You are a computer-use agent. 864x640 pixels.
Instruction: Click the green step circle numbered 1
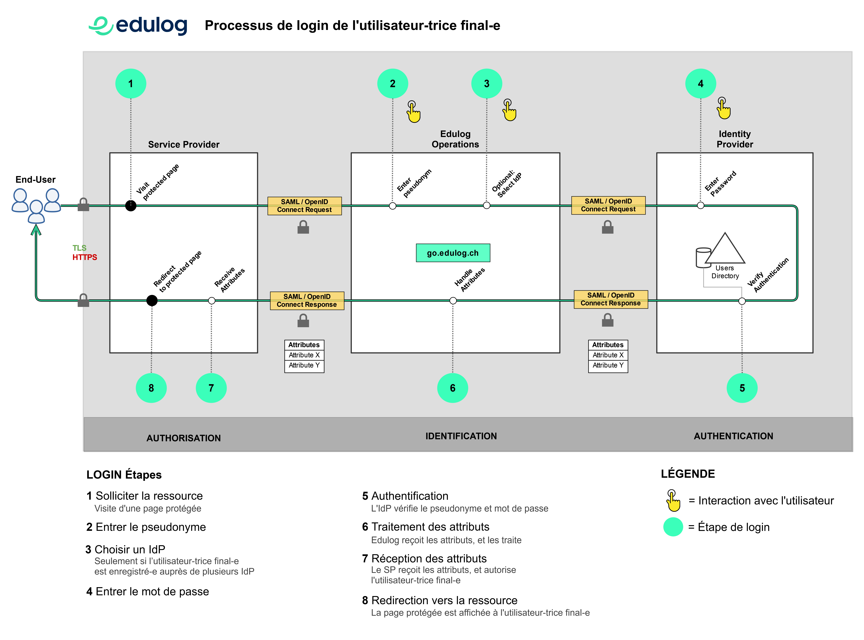click(x=131, y=84)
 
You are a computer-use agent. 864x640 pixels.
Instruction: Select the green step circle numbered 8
click(x=151, y=388)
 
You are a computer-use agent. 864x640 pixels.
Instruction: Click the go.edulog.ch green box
click(x=453, y=253)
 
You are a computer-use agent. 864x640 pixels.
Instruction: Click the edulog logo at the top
click(x=138, y=26)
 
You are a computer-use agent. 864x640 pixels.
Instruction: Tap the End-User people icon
click(x=36, y=205)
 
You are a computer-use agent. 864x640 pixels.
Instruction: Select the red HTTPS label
click(x=85, y=257)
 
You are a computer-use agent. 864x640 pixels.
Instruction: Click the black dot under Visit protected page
click(x=131, y=206)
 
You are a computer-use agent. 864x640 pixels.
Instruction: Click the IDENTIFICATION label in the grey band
click(x=461, y=436)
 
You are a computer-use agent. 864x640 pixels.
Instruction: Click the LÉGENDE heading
click(x=688, y=474)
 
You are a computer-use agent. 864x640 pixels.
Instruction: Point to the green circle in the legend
click(x=673, y=527)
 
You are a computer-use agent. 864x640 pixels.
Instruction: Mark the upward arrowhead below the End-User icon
click(x=36, y=231)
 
